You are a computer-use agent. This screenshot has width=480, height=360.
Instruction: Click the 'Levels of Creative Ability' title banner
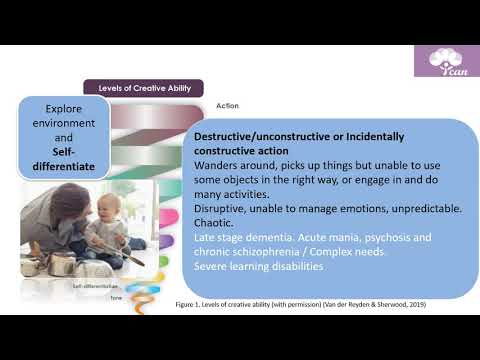point(143,88)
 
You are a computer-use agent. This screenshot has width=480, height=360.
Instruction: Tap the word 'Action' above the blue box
point(228,105)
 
